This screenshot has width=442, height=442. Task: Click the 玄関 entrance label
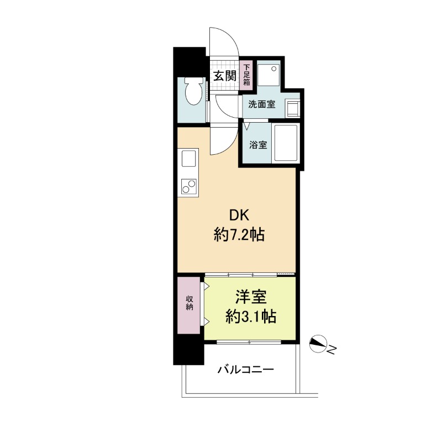(x=225, y=76)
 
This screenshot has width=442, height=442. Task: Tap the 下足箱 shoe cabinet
(x=246, y=75)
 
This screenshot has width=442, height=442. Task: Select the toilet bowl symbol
(x=193, y=91)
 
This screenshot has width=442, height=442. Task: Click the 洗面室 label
(x=261, y=104)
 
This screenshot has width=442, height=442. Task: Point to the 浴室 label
(x=258, y=145)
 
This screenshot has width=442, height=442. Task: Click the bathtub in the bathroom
(x=286, y=143)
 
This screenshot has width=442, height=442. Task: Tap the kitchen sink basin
(x=188, y=159)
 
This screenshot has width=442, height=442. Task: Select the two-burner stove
(x=188, y=186)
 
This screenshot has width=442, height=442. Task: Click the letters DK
(x=239, y=215)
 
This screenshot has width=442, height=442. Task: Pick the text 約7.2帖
(x=239, y=234)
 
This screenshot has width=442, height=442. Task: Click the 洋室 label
(x=251, y=297)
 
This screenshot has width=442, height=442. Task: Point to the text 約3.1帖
(x=251, y=316)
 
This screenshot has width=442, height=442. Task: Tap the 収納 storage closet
(x=189, y=306)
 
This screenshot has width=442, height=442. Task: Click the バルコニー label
(x=245, y=369)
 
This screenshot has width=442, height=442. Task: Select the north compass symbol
(x=318, y=344)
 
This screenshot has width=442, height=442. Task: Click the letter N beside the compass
(x=332, y=350)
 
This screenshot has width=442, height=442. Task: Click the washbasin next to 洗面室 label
(x=292, y=108)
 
